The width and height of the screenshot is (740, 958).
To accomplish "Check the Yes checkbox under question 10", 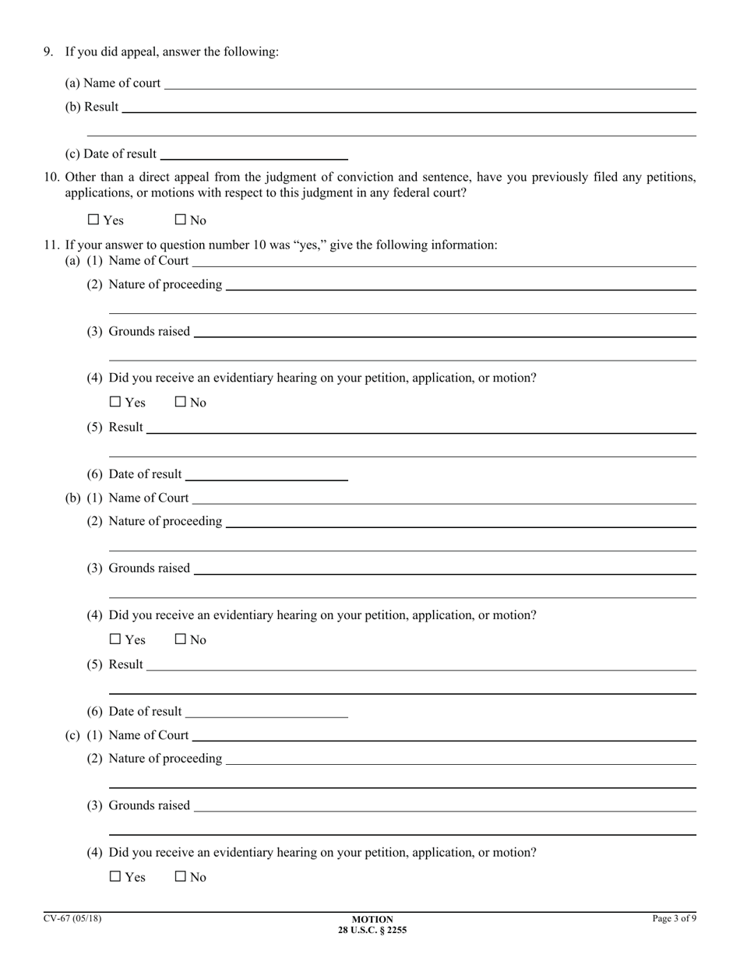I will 94,220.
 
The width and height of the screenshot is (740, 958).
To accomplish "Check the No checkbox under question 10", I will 181,220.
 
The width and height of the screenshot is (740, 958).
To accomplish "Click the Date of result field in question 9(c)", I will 253,153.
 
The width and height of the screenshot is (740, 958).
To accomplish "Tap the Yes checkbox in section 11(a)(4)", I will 116,403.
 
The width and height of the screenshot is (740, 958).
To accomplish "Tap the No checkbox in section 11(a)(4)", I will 181,403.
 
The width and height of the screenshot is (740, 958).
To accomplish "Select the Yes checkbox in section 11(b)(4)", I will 116,639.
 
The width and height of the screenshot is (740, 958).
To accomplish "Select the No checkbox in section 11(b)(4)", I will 181,639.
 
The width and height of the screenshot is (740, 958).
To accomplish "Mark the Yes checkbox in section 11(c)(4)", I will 116,877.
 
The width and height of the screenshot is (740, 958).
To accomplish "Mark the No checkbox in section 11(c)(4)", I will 181,877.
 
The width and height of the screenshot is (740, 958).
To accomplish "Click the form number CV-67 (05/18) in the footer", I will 72,918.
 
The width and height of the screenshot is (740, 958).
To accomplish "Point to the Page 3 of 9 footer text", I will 674,918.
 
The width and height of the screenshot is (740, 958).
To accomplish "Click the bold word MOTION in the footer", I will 372,919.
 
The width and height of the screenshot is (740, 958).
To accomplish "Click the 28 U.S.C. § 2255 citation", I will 372,929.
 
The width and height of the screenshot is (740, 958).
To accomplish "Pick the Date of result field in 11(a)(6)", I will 266,474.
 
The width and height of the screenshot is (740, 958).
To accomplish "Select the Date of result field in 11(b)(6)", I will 266,711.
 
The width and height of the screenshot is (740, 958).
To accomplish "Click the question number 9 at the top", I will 48,51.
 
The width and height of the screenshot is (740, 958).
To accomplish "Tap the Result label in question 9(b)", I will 101,107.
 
